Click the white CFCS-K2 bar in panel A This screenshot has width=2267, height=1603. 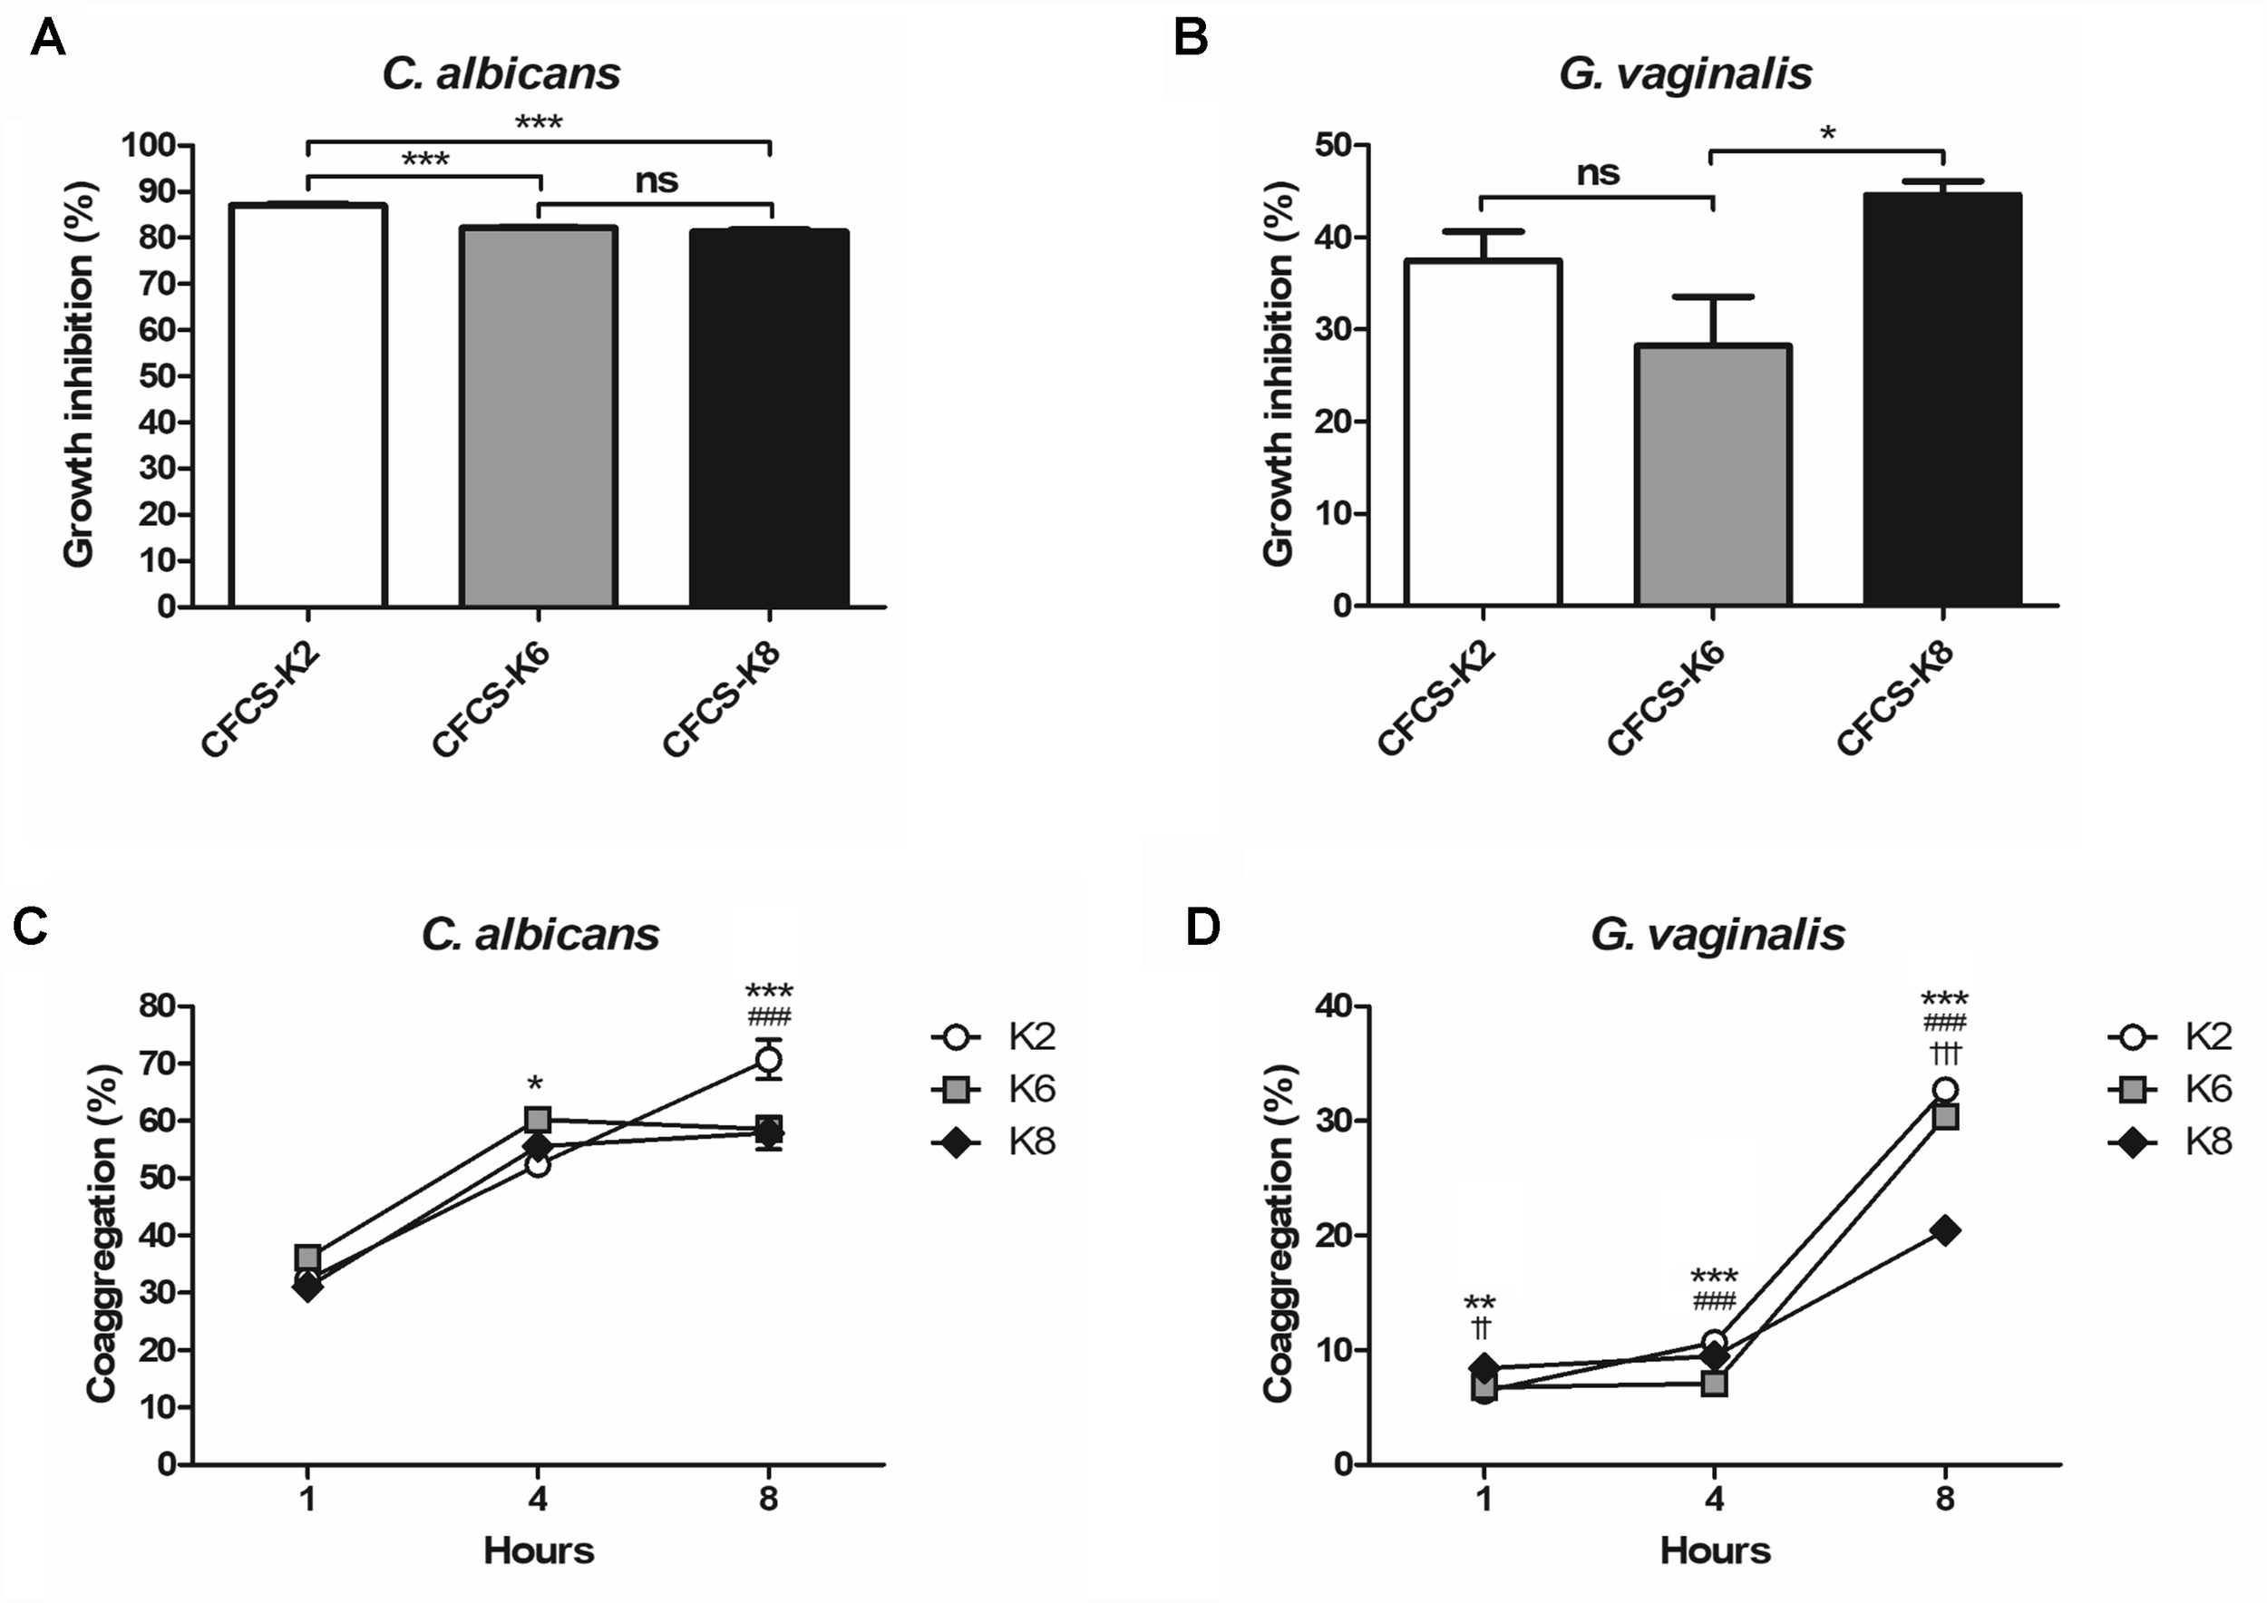click(x=307, y=404)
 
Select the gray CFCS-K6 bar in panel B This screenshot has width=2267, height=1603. click(x=1713, y=475)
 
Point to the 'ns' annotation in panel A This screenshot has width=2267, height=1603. click(x=657, y=180)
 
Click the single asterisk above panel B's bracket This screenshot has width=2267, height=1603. click(x=1827, y=133)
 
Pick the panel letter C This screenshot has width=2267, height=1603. click(x=31, y=926)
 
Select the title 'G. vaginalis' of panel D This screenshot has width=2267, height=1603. click(x=1717, y=934)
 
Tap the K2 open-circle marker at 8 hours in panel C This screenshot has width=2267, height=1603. click(x=769, y=1060)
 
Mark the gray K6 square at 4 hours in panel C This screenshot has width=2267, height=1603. click(x=538, y=1118)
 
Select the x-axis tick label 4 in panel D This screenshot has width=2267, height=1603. click(x=1714, y=1501)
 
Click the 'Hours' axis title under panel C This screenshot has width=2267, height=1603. click(x=538, y=1550)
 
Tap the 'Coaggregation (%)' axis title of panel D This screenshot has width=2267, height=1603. click(x=1278, y=1234)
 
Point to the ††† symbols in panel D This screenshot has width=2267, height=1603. click(x=1944, y=1054)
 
